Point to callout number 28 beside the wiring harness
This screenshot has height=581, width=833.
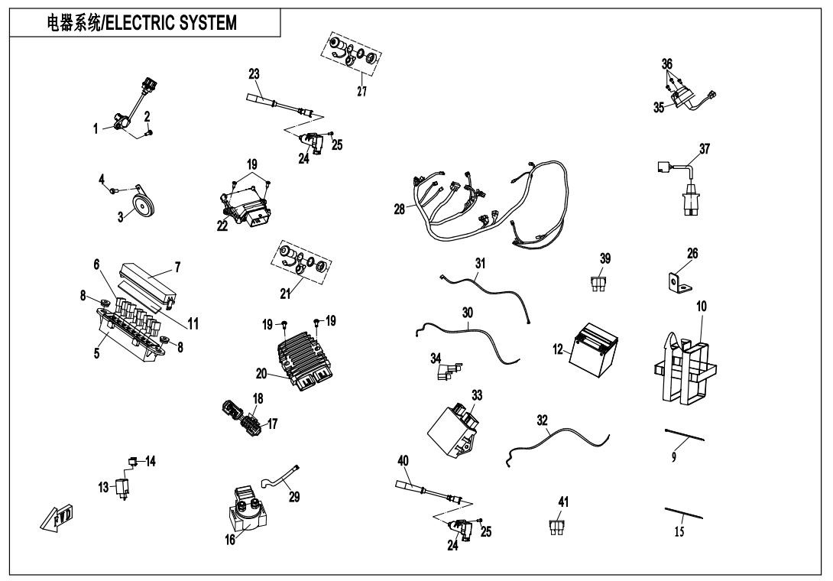pyautogui.click(x=399, y=209)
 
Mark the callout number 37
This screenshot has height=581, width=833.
pyautogui.click(x=705, y=149)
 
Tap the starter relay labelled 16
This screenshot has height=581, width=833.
pyautogui.click(x=247, y=508)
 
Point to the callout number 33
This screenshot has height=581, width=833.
pyautogui.click(x=477, y=395)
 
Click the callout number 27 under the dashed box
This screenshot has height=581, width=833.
pyautogui.click(x=361, y=91)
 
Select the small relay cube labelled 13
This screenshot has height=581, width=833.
pyautogui.click(x=120, y=487)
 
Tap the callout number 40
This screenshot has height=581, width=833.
pyautogui.click(x=403, y=460)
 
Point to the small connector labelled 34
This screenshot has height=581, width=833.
pyautogui.click(x=444, y=370)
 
